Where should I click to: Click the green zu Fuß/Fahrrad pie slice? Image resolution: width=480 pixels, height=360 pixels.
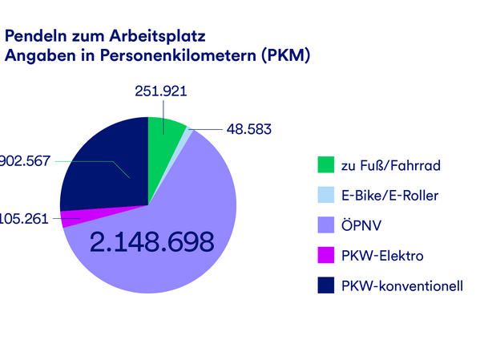[x=164, y=136]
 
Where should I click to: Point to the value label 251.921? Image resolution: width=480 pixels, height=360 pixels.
[x=160, y=91]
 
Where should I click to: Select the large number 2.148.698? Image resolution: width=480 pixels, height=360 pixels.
[x=151, y=242]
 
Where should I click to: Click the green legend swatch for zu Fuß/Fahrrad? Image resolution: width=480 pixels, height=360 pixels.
[x=325, y=165]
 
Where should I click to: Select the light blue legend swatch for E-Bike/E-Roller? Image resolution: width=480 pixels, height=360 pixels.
[x=325, y=196]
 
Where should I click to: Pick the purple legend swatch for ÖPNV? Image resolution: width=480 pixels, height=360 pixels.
[x=325, y=226]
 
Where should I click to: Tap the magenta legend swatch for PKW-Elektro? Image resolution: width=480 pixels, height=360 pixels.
[x=325, y=257]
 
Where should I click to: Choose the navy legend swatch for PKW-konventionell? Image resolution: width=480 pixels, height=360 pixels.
[x=325, y=286]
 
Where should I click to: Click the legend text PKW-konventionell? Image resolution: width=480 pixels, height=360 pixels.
[x=401, y=286]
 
